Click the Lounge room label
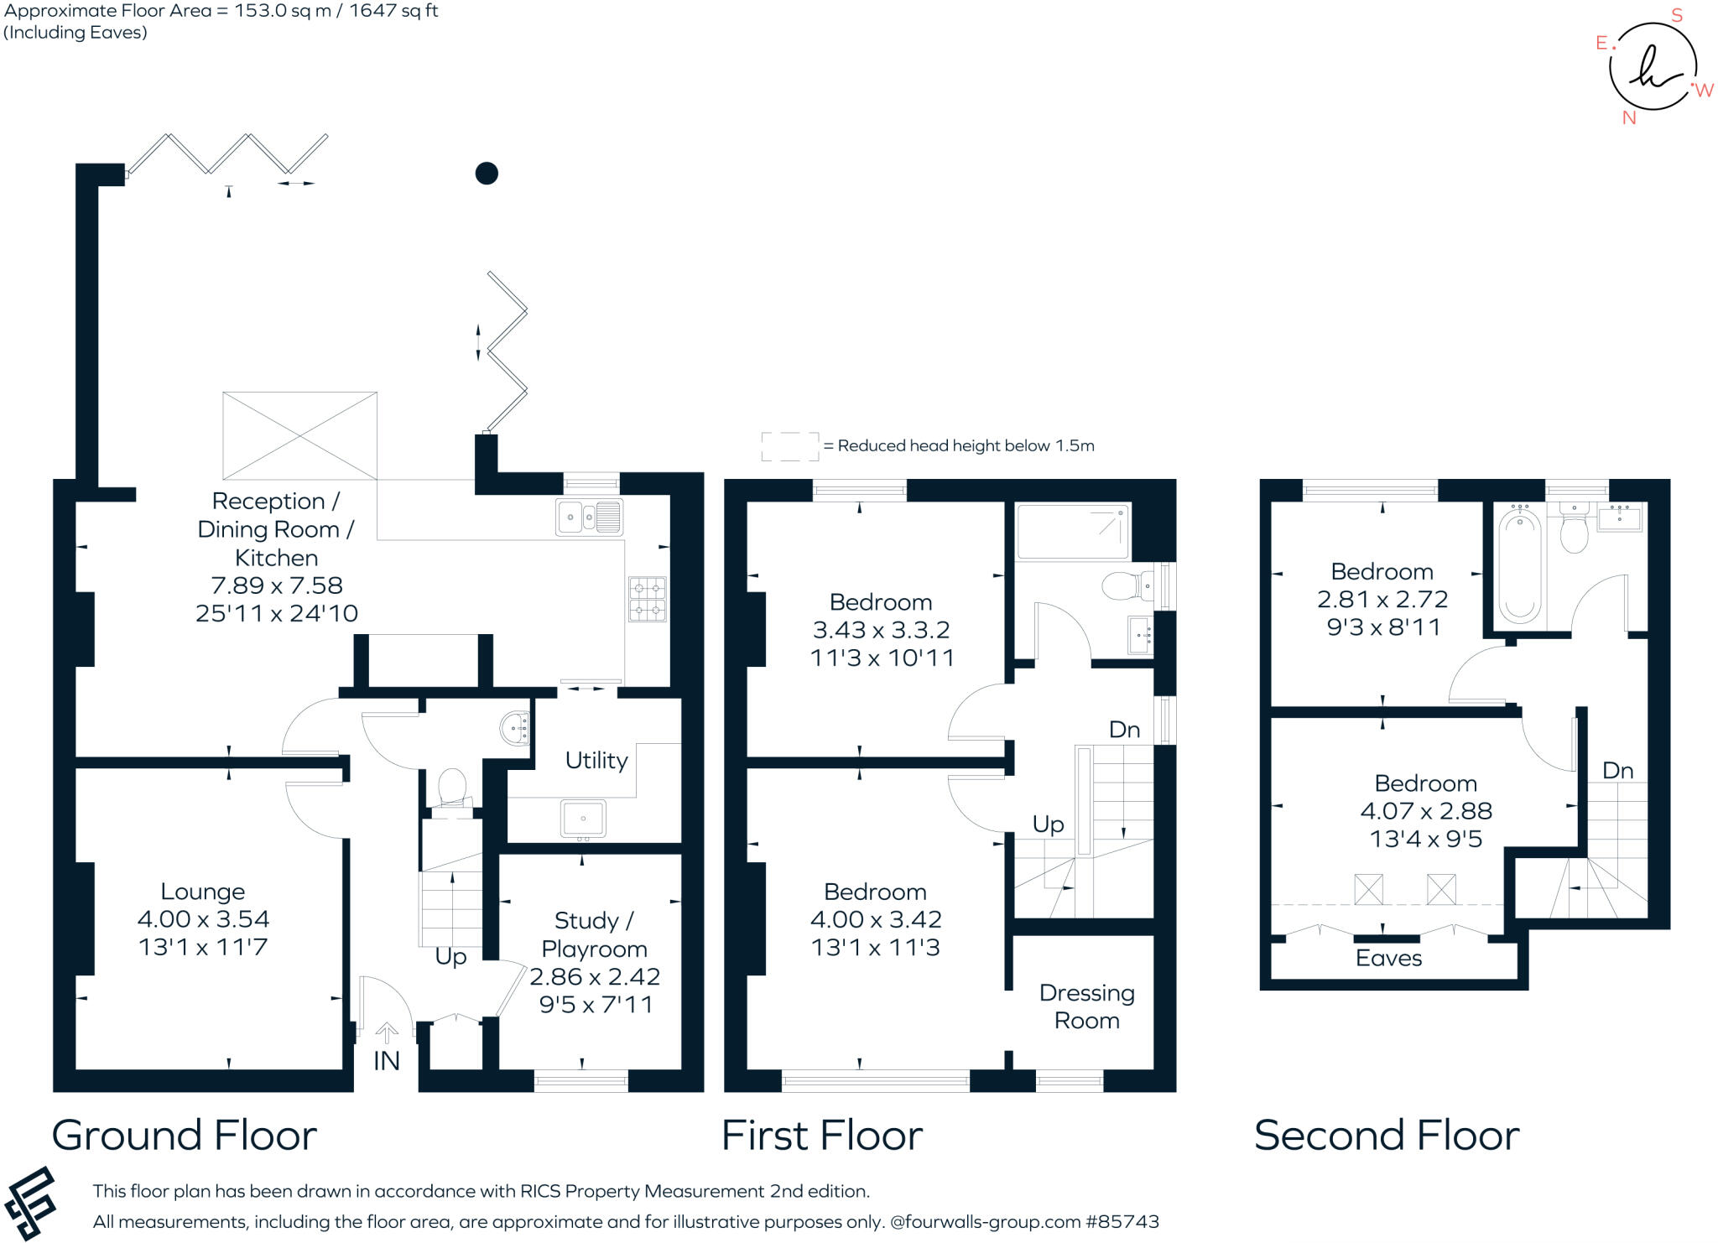coord(203,892)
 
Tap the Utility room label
coord(596,761)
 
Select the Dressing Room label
coord(1086,1006)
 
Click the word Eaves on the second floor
coord(1388,958)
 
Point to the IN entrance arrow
coord(387,1033)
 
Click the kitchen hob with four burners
coord(648,598)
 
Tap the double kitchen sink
coord(589,517)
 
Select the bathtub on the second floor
coord(1520,568)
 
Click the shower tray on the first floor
coord(1073,532)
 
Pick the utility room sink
coord(583,818)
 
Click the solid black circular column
coord(487,174)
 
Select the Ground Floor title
coord(185,1136)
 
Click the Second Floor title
coord(1387,1136)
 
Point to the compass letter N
coord(1629,118)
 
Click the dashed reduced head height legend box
coord(789,446)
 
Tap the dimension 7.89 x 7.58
coord(277,585)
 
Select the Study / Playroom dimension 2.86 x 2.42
coord(595,977)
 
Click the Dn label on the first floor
coord(1124,730)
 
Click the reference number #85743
coord(1122,1222)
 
